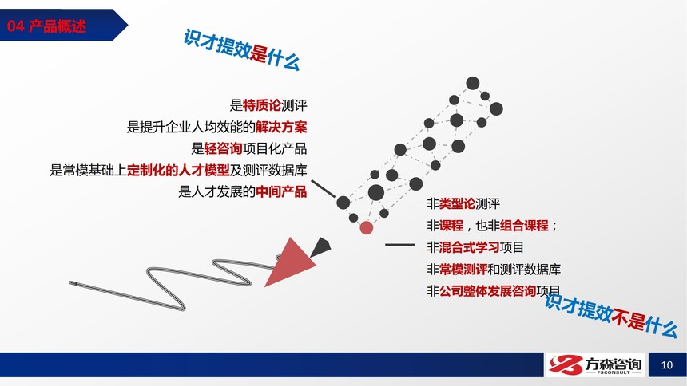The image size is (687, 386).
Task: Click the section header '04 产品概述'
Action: point(46,26)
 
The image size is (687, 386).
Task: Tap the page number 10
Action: point(667,365)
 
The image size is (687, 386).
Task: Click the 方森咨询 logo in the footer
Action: point(595,365)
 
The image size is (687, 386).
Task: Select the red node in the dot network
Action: point(367,227)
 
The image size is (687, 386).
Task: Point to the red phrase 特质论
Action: point(261,105)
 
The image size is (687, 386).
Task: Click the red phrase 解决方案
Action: point(281,127)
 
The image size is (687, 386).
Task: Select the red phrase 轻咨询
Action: point(223,148)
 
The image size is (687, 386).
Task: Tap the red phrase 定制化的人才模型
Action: point(178,170)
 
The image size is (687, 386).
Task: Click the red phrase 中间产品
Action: point(281,191)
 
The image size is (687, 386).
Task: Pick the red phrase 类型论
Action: point(457,203)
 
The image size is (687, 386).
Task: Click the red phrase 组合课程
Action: point(524,226)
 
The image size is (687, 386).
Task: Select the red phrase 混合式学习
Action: point(469,247)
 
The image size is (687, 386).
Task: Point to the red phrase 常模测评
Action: point(463,269)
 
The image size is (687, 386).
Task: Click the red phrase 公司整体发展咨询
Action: point(487,291)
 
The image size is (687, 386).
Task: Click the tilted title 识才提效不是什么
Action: point(611,314)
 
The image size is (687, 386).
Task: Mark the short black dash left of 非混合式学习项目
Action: point(399,245)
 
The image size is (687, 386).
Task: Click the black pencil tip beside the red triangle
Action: point(321,247)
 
